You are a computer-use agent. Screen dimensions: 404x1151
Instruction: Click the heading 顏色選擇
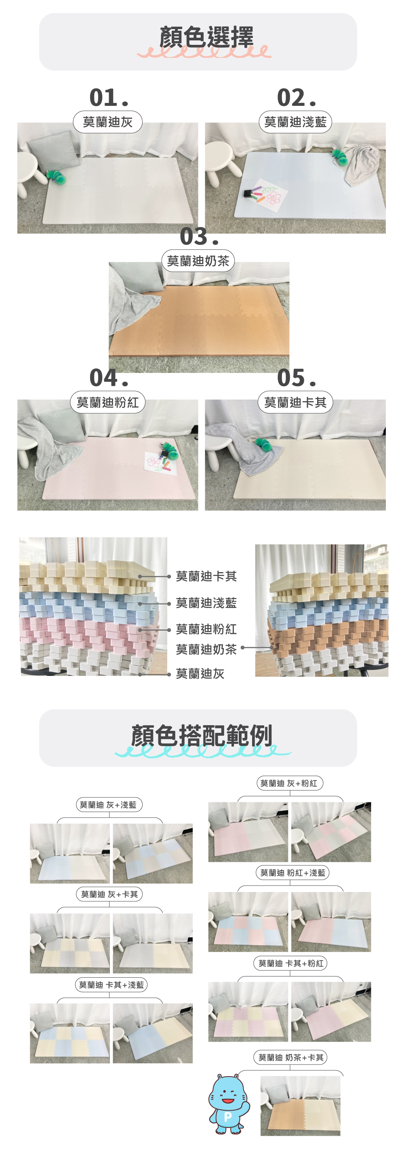[206, 37]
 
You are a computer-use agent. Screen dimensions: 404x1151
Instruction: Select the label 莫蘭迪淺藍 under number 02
[295, 122]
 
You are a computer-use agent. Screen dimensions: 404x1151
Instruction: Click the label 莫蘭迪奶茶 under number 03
[198, 261]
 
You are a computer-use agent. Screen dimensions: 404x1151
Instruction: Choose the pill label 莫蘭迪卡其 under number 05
[295, 402]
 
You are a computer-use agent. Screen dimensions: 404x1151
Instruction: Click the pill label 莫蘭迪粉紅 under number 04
[108, 402]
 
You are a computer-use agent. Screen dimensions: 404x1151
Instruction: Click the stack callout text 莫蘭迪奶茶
[206, 649]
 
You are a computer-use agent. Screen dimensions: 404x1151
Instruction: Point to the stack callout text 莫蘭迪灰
[200, 673]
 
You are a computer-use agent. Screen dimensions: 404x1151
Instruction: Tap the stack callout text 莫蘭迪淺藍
[206, 603]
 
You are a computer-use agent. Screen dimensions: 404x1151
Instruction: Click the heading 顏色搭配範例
[202, 735]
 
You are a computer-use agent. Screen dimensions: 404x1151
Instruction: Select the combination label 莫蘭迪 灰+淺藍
[109, 805]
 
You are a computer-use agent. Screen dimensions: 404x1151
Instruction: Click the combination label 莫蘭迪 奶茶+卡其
[291, 1058]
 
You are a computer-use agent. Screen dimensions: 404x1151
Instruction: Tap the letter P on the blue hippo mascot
[227, 1117]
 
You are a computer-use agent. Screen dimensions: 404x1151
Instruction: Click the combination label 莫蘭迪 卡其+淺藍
[111, 985]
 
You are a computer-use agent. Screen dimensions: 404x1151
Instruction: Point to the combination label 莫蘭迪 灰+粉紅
[289, 783]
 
